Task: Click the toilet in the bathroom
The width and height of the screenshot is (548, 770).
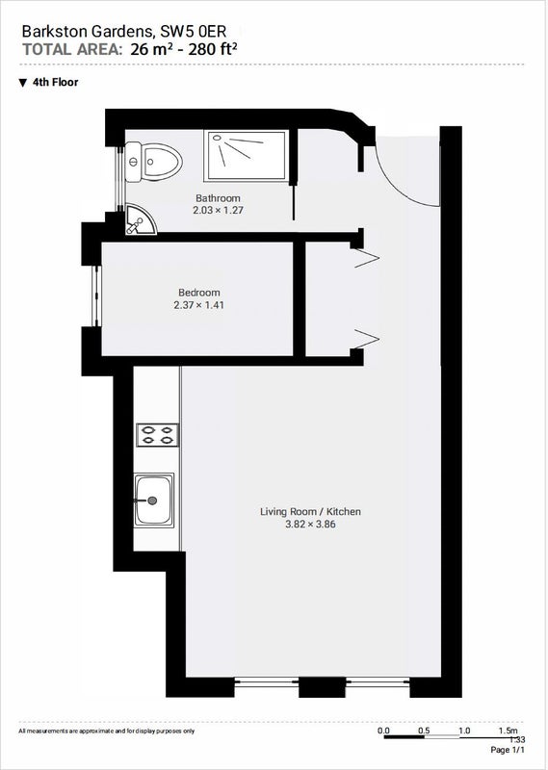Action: (x=153, y=161)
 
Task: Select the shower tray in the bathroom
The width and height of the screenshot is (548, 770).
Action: (x=246, y=156)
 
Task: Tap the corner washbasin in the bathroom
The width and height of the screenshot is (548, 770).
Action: (x=139, y=220)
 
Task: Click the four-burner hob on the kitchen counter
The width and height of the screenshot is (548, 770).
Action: (x=157, y=435)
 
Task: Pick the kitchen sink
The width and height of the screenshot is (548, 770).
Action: (x=154, y=500)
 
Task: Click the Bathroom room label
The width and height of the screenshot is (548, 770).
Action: (x=218, y=198)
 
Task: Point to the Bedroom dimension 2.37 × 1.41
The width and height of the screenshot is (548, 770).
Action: (x=199, y=305)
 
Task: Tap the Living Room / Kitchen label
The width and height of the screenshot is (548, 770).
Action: (x=310, y=512)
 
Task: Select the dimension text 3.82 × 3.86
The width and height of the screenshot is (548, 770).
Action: (x=310, y=525)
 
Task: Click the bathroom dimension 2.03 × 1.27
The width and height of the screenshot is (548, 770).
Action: (x=219, y=211)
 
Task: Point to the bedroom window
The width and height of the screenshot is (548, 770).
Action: (x=97, y=296)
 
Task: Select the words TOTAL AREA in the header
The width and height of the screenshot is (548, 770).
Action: (x=72, y=50)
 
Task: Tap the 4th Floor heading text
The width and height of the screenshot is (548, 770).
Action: (x=56, y=82)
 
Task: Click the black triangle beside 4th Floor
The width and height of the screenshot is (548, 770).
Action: (x=22, y=83)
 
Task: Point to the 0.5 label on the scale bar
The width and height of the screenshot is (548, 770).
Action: (x=424, y=731)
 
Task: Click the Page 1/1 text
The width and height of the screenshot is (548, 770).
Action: (x=508, y=750)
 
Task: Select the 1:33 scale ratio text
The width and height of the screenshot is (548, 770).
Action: (x=517, y=739)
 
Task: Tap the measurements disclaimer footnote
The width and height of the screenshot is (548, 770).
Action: (x=107, y=731)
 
